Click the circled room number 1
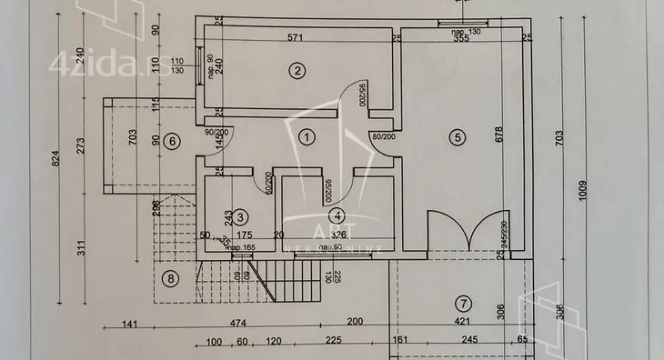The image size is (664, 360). point(307,137)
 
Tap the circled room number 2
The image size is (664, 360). point(295,70)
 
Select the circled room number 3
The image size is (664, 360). point(240,216)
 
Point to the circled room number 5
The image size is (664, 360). point(457,137)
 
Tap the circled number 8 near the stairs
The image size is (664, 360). point(169,278)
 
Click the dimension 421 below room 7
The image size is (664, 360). point(452,323)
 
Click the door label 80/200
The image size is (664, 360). point(384,137)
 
